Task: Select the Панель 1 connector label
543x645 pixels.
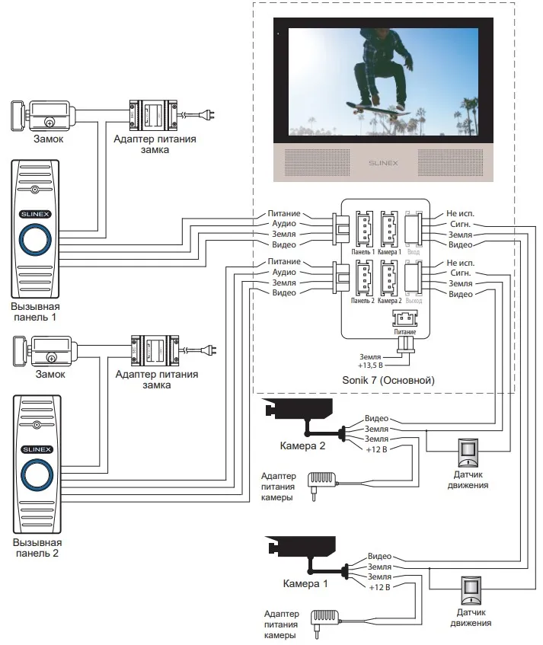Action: [x=363, y=251]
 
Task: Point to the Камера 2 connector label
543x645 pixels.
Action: [x=389, y=301]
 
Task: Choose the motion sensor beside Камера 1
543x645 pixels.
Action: [x=472, y=589]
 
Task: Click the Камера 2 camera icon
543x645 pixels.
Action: [x=299, y=410]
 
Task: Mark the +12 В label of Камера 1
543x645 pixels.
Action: [x=379, y=588]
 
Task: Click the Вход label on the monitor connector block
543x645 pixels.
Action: [x=414, y=251]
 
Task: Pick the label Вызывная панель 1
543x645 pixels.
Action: [x=34, y=310]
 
